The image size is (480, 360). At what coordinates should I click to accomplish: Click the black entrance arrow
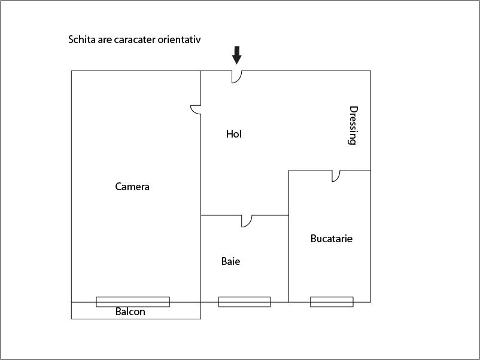(236, 55)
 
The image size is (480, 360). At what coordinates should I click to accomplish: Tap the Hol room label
(234, 134)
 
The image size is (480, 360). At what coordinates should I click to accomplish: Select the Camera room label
(132, 187)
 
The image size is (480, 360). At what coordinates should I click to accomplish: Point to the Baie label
(230, 261)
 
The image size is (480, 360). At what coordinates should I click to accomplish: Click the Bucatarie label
(331, 239)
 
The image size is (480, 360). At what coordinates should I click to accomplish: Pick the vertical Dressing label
(353, 126)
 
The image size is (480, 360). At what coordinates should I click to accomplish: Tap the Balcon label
(130, 312)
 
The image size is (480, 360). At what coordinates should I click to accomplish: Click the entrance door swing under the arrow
(236, 77)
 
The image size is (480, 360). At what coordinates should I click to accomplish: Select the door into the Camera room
(196, 110)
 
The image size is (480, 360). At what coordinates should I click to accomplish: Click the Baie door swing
(247, 221)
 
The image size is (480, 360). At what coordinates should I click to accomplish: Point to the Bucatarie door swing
(336, 176)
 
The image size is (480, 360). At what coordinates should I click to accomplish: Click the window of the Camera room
(133, 302)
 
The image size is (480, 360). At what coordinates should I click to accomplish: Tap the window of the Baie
(244, 302)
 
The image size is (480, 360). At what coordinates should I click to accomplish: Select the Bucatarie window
(332, 302)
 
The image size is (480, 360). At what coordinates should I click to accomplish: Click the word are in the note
(105, 40)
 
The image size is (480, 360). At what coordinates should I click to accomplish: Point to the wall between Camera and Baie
(201, 258)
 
